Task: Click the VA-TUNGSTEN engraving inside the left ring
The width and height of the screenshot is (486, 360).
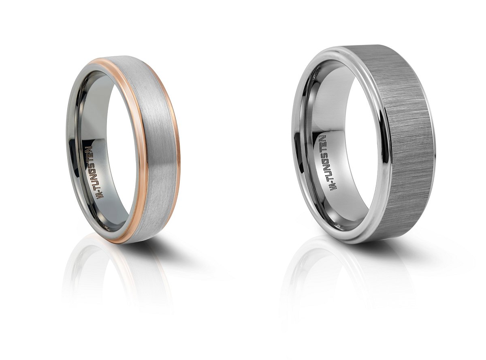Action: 95,172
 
